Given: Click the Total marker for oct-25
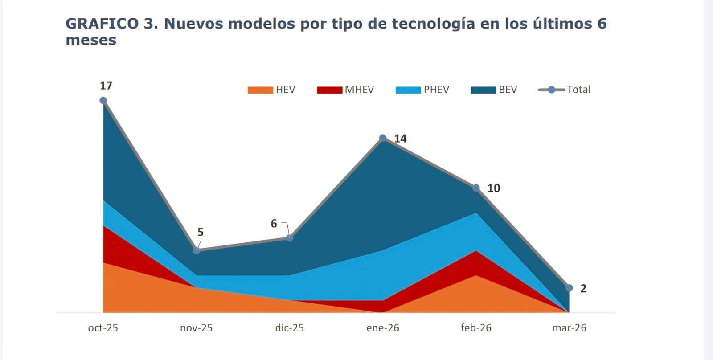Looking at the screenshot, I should [103, 100].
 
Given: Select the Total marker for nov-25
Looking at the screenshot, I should [197, 250].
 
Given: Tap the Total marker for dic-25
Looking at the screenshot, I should [290, 238].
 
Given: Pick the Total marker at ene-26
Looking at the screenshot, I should [383, 138].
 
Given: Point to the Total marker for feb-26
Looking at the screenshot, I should [476, 188].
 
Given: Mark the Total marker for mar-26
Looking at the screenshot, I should [569, 288].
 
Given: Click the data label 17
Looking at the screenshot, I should [106, 86].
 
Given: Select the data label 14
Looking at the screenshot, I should [400, 139].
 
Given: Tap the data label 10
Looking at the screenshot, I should [493, 188].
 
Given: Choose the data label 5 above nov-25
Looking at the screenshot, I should [201, 232].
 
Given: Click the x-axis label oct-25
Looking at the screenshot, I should [103, 328].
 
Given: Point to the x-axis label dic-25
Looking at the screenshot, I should [290, 328].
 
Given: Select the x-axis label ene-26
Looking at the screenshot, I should [383, 328].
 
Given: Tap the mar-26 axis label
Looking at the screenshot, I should [569, 328].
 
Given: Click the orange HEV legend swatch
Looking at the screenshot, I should [260, 90].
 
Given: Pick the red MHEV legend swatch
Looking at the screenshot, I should [330, 90].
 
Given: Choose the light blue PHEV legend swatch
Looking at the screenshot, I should [408, 90].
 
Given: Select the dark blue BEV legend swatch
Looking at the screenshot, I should [483, 90].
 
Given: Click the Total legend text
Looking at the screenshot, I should [578, 90].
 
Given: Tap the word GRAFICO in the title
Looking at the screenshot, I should [102, 24].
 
